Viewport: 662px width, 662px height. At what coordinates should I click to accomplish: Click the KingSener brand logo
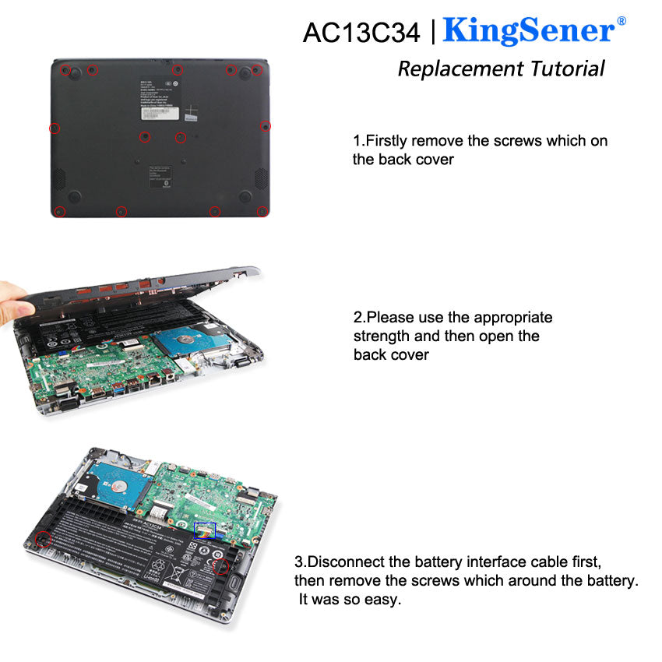(529, 31)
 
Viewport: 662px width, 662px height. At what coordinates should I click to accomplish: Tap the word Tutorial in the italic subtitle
(567, 69)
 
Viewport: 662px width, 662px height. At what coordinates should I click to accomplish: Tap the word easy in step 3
(382, 600)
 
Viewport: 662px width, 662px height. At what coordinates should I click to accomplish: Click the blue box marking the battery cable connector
(205, 529)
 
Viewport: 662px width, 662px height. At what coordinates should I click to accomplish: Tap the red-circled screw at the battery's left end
(44, 538)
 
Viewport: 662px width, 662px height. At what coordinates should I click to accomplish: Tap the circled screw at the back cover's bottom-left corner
(59, 211)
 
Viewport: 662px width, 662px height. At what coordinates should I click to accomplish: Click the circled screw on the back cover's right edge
(265, 126)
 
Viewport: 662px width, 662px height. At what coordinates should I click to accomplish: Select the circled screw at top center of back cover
(178, 70)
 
